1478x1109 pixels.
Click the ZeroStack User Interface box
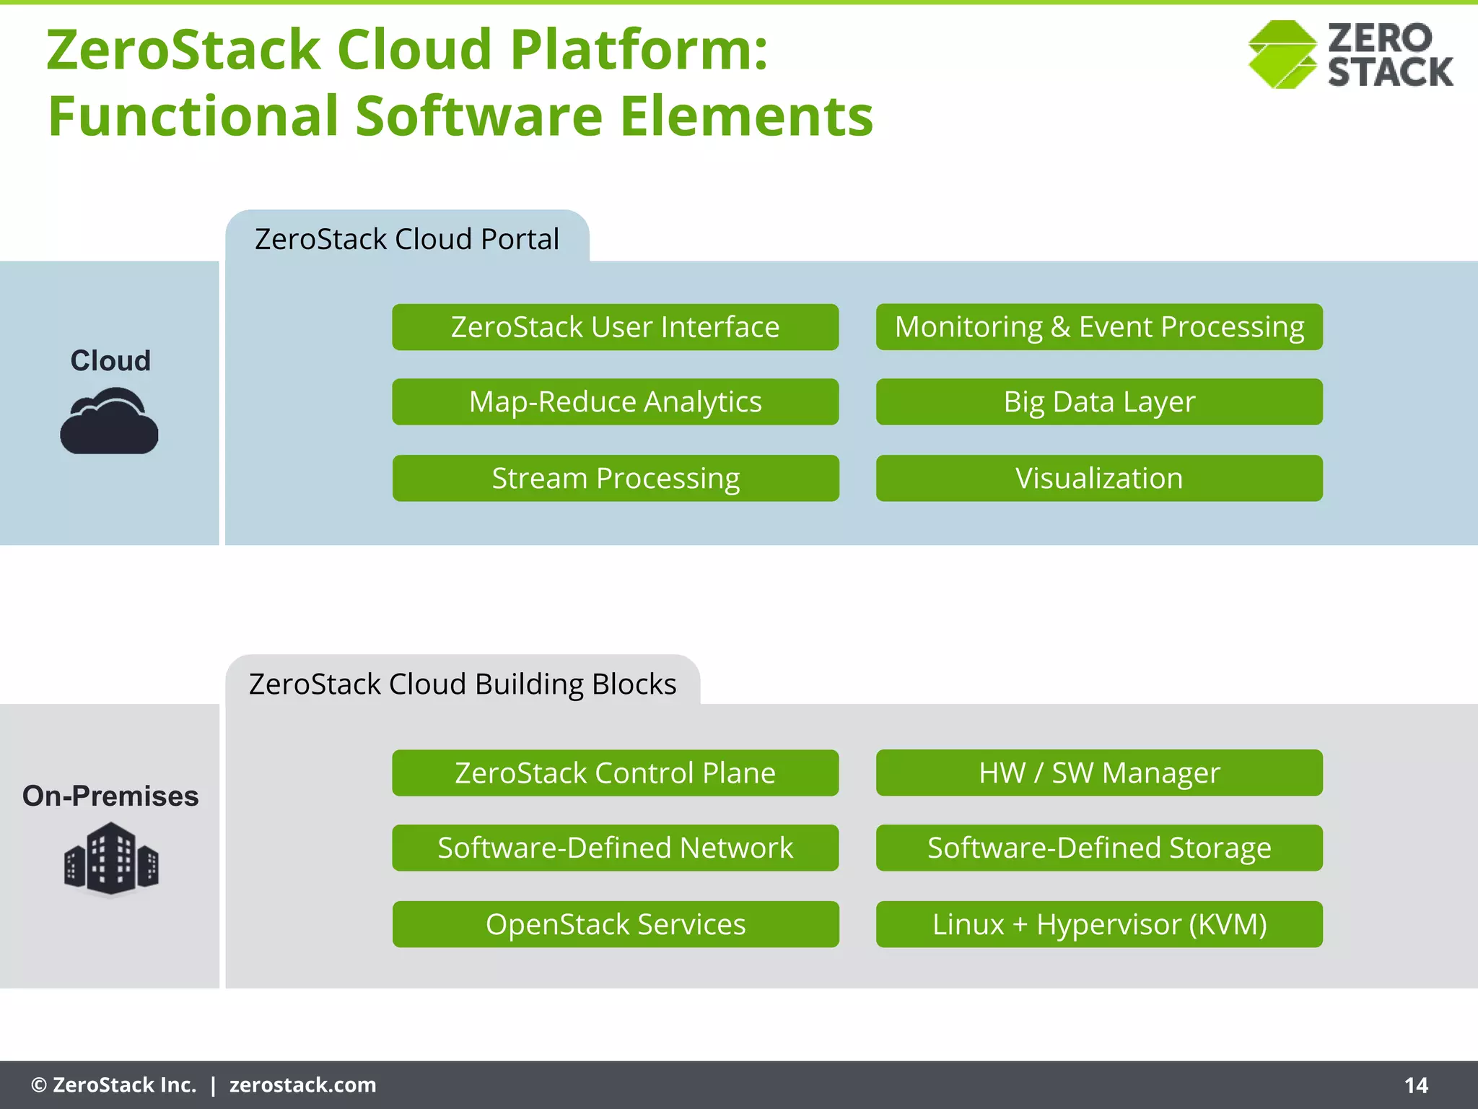click(x=615, y=327)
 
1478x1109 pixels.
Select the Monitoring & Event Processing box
click(x=1098, y=327)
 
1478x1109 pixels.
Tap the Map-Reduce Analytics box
click(x=615, y=401)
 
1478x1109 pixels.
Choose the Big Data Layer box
click(x=1098, y=401)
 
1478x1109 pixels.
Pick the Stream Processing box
click(x=615, y=478)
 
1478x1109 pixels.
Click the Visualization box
click(x=1098, y=478)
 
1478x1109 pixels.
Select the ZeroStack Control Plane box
click(x=615, y=773)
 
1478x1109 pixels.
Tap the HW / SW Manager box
click(x=1098, y=773)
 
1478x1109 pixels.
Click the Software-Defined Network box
click(x=615, y=848)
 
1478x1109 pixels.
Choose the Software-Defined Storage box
click(x=1098, y=848)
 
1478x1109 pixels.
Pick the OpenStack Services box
click(x=615, y=924)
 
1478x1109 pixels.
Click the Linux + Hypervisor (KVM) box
click(x=1098, y=924)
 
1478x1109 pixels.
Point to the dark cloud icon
click(x=109, y=422)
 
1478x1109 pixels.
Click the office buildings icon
click(x=110, y=859)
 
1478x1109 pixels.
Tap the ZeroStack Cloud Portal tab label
click(x=406, y=239)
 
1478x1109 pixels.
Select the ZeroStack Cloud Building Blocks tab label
click(x=462, y=684)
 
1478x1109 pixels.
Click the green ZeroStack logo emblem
click(x=1282, y=55)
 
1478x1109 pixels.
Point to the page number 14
click(x=1416, y=1085)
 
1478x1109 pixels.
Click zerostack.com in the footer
click(x=302, y=1085)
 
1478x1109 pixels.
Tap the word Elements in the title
click(x=746, y=116)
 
